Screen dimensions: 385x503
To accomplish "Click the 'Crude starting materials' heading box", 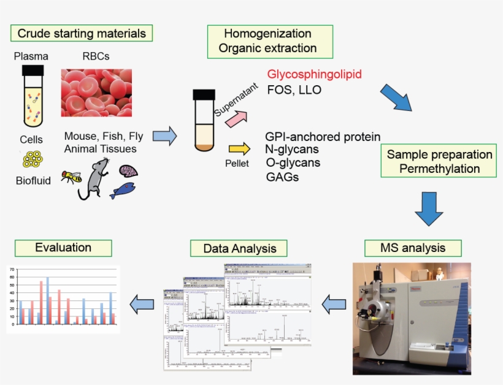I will pos(82,32).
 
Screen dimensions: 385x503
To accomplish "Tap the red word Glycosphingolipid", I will pos(314,74).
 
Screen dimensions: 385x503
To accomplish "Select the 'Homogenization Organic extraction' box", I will pos(270,41).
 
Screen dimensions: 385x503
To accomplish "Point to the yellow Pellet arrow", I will pos(239,148).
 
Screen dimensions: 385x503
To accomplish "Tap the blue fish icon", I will pos(123,191).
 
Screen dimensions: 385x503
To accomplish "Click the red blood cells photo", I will pos(96,92).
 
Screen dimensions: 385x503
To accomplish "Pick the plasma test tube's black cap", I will pos(32,70).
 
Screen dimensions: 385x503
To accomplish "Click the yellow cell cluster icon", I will pos(32,159).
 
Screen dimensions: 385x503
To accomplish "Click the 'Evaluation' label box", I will pos(63,248).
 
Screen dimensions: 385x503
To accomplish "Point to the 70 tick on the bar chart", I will pos(12,269).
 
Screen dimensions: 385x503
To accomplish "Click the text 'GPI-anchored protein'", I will pos(323,137).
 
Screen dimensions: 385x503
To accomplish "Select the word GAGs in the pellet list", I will pos(282,177).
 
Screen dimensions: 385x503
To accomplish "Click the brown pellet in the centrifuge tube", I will pos(204,147).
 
